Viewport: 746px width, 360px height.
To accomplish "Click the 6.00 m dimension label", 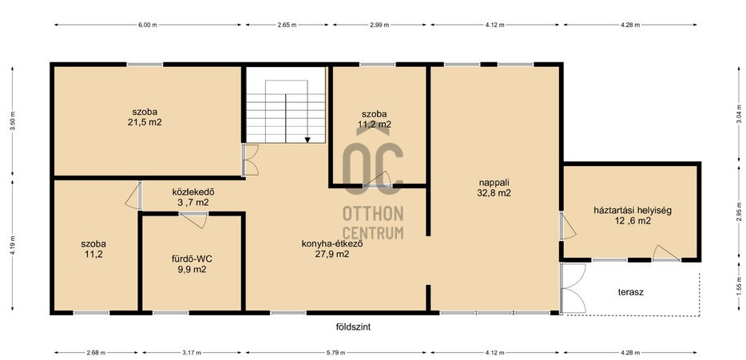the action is pos(148,25).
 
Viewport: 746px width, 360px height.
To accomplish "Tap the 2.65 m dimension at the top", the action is pos(287,25).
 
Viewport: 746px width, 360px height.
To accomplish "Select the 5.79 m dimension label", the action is pos(336,352).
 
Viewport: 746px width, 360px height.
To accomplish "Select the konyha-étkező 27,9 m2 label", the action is pos(332,249).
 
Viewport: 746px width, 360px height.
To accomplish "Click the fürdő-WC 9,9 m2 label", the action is pos(192,264).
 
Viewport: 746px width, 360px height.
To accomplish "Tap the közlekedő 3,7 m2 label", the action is pos(193,197).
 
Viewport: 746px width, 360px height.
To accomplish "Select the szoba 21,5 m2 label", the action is pos(145,117).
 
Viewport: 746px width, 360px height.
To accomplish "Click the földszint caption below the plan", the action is pos(353,326).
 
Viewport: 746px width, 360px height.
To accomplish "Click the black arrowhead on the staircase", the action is pos(308,140).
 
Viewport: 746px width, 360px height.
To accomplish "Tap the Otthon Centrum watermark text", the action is pos(373,223).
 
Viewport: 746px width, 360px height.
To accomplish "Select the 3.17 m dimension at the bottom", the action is pos(192,352).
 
